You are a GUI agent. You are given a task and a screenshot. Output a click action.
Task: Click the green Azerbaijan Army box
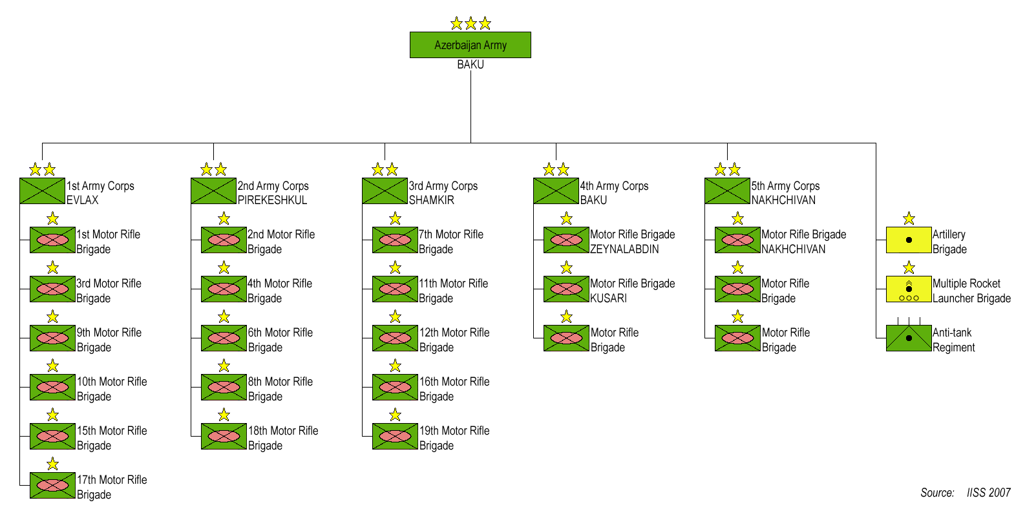pos(470,45)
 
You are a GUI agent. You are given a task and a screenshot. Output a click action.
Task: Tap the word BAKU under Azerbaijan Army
pos(470,65)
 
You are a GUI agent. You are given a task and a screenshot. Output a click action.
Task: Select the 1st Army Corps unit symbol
pos(42,191)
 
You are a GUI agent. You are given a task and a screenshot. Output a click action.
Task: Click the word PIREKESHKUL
pos(272,200)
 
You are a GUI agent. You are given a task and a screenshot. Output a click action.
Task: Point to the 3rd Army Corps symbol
pos(385,191)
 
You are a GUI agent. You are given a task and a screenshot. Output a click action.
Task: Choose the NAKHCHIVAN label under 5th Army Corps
pos(783,200)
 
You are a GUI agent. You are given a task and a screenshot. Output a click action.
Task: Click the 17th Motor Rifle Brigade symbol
pos(52,486)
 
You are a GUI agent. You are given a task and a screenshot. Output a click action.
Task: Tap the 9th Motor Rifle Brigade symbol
pos(52,338)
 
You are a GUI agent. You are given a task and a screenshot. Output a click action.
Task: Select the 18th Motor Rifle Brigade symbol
pos(224,437)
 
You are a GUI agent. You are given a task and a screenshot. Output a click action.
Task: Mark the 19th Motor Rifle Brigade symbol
pos(395,437)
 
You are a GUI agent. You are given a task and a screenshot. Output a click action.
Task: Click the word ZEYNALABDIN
pos(624,249)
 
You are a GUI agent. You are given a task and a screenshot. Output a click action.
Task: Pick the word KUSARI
pos(608,298)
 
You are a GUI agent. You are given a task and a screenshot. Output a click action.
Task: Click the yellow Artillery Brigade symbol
pos(908,240)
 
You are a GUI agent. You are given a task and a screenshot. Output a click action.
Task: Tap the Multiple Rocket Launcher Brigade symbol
pos(908,289)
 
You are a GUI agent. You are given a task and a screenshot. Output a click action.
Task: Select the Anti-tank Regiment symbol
pos(908,338)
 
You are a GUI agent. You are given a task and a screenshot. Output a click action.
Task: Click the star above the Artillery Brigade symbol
pos(909,218)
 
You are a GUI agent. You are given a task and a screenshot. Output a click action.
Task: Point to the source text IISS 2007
pos(988,493)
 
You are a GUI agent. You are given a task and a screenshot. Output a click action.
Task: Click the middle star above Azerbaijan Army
pos(470,24)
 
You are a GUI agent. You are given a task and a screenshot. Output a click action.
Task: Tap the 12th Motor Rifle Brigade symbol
pos(395,338)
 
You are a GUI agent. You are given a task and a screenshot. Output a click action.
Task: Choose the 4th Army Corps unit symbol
pos(556,191)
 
